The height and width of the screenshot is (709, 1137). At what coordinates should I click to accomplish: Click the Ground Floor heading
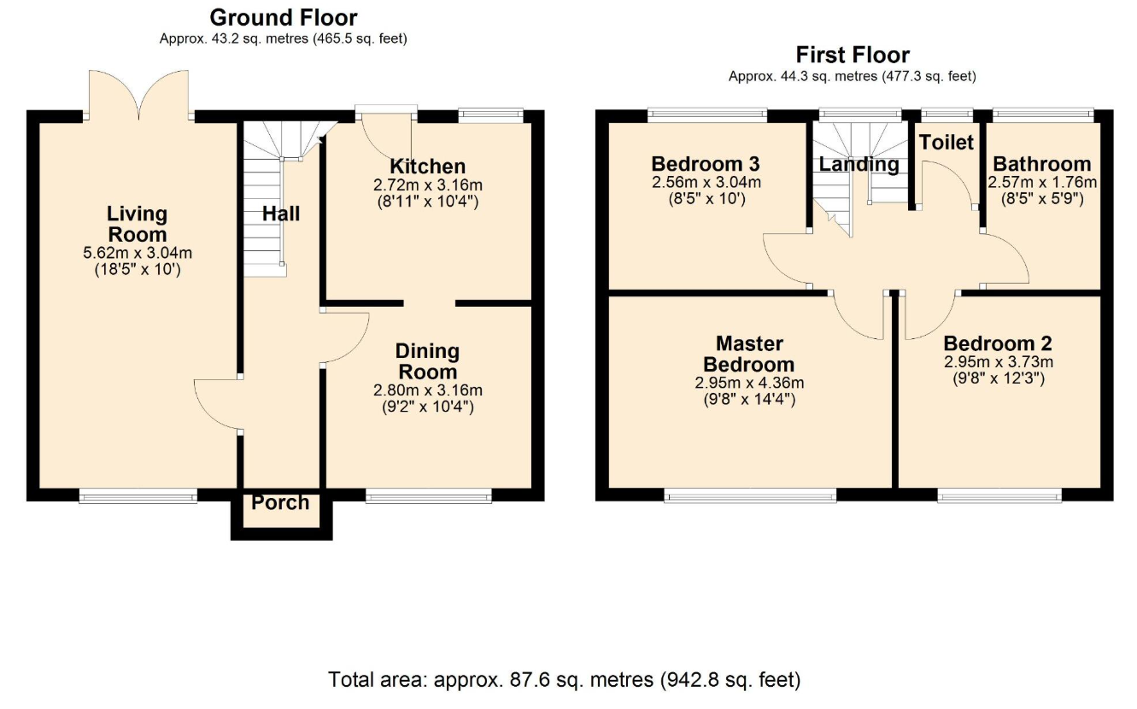click(284, 18)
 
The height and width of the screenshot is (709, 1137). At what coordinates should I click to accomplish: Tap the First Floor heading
click(853, 55)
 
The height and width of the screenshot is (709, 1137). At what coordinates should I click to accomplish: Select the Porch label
click(280, 502)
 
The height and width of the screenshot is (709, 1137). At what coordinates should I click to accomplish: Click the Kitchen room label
click(427, 167)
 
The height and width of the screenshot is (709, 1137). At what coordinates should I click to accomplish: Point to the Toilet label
click(947, 143)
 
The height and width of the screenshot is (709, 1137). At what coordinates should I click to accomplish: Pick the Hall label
click(281, 214)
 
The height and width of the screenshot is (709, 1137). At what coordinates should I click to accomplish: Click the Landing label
click(859, 164)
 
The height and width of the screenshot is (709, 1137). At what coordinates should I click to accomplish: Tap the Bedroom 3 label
click(706, 164)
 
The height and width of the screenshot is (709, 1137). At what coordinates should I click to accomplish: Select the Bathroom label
click(1041, 164)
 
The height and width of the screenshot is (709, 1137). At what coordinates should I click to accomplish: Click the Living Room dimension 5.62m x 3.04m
click(138, 253)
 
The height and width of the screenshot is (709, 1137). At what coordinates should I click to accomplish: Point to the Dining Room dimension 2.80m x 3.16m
click(427, 390)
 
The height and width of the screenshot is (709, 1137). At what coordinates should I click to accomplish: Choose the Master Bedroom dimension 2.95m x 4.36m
click(749, 383)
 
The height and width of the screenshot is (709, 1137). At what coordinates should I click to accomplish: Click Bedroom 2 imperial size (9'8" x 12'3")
click(999, 378)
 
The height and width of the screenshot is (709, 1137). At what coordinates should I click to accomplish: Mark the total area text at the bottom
click(565, 680)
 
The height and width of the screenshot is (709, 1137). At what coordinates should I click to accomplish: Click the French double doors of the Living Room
click(138, 96)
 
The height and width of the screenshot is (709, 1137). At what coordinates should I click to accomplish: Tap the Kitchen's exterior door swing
click(387, 134)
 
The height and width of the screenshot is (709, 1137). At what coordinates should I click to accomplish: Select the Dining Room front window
click(429, 495)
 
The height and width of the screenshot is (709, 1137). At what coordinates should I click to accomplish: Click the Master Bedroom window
click(750, 495)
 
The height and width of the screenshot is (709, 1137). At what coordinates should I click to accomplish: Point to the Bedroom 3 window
click(707, 115)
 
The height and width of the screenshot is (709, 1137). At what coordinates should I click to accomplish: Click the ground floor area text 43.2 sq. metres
click(260, 39)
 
